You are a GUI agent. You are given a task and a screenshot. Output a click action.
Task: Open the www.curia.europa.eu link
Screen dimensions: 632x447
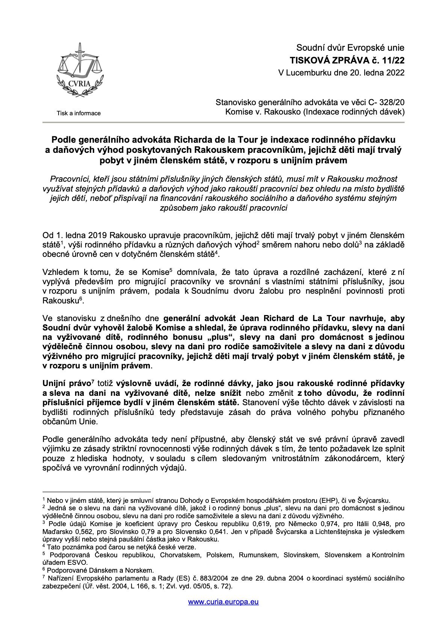coord(223,602)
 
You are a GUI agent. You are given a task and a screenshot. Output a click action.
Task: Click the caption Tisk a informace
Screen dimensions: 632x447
coord(79,113)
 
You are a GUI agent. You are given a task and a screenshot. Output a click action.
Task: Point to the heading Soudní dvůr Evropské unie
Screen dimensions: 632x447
coord(350,48)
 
